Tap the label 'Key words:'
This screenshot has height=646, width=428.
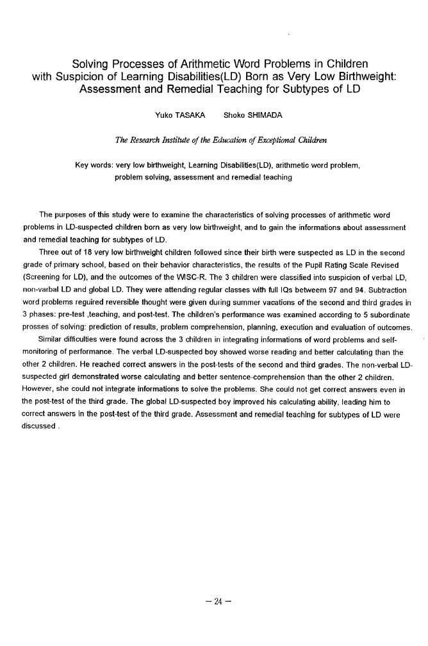(x=94, y=165)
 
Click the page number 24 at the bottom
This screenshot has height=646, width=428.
(x=218, y=602)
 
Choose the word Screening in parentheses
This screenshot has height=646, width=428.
(x=42, y=277)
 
